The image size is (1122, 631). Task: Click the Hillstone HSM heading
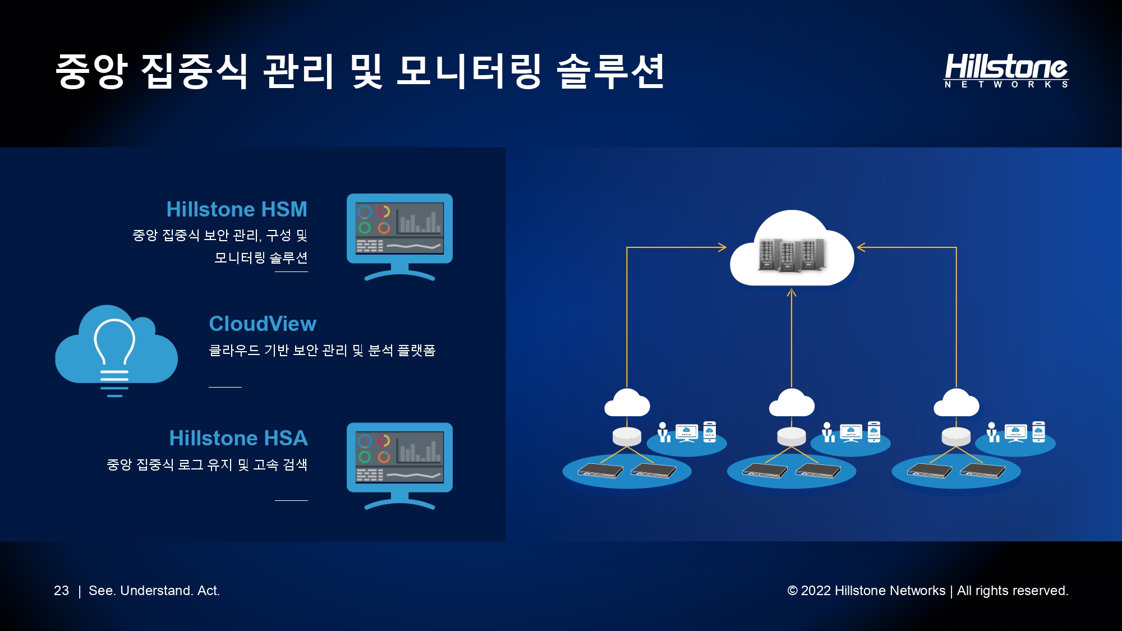coord(237,209)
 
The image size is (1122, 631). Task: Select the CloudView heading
coord(263,324)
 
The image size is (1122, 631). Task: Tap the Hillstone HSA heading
coord(238,438)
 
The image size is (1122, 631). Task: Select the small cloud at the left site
coord(627,403)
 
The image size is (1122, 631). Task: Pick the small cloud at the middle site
coord(792,403)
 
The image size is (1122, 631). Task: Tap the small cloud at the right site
coord(957,403)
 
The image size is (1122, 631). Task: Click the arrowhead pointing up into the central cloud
coord(792,292)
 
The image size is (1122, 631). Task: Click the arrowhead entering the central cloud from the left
coord(723,247)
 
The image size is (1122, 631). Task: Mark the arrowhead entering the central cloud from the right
coord(861,247)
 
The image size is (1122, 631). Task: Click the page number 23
coord(61,591)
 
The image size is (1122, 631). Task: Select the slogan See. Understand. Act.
coord(154,591)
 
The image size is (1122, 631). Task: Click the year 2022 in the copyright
coord(816,591)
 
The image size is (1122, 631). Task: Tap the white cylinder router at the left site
coord(627,436)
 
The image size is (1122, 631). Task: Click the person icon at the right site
coord(992,432)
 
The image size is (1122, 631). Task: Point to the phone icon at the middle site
coord(874,431)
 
